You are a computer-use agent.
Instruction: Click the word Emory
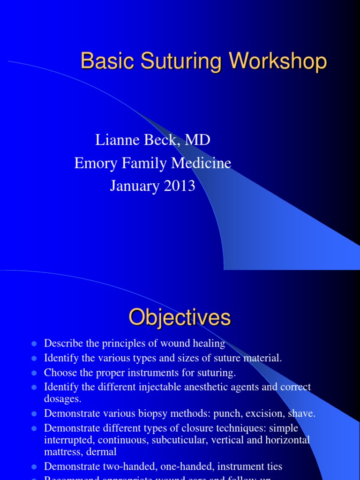[x=93, y=163]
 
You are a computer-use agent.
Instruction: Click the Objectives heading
[x=180, y=317]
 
